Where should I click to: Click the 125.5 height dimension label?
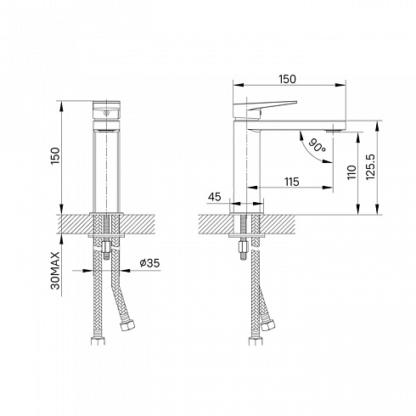coord(370,167)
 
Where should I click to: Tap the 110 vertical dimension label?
coord(351,172)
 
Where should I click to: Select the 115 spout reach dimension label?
coord(292,182)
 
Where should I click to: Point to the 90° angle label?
coord(317,145)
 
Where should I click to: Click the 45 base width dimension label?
coord(214,197)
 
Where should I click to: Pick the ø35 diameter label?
coord(149,263)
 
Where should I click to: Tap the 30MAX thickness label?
coord(55,270)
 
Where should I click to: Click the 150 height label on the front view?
coord(55,156)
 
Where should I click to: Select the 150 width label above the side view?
coord(287,79)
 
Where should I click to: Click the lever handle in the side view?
coord(265,109)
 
